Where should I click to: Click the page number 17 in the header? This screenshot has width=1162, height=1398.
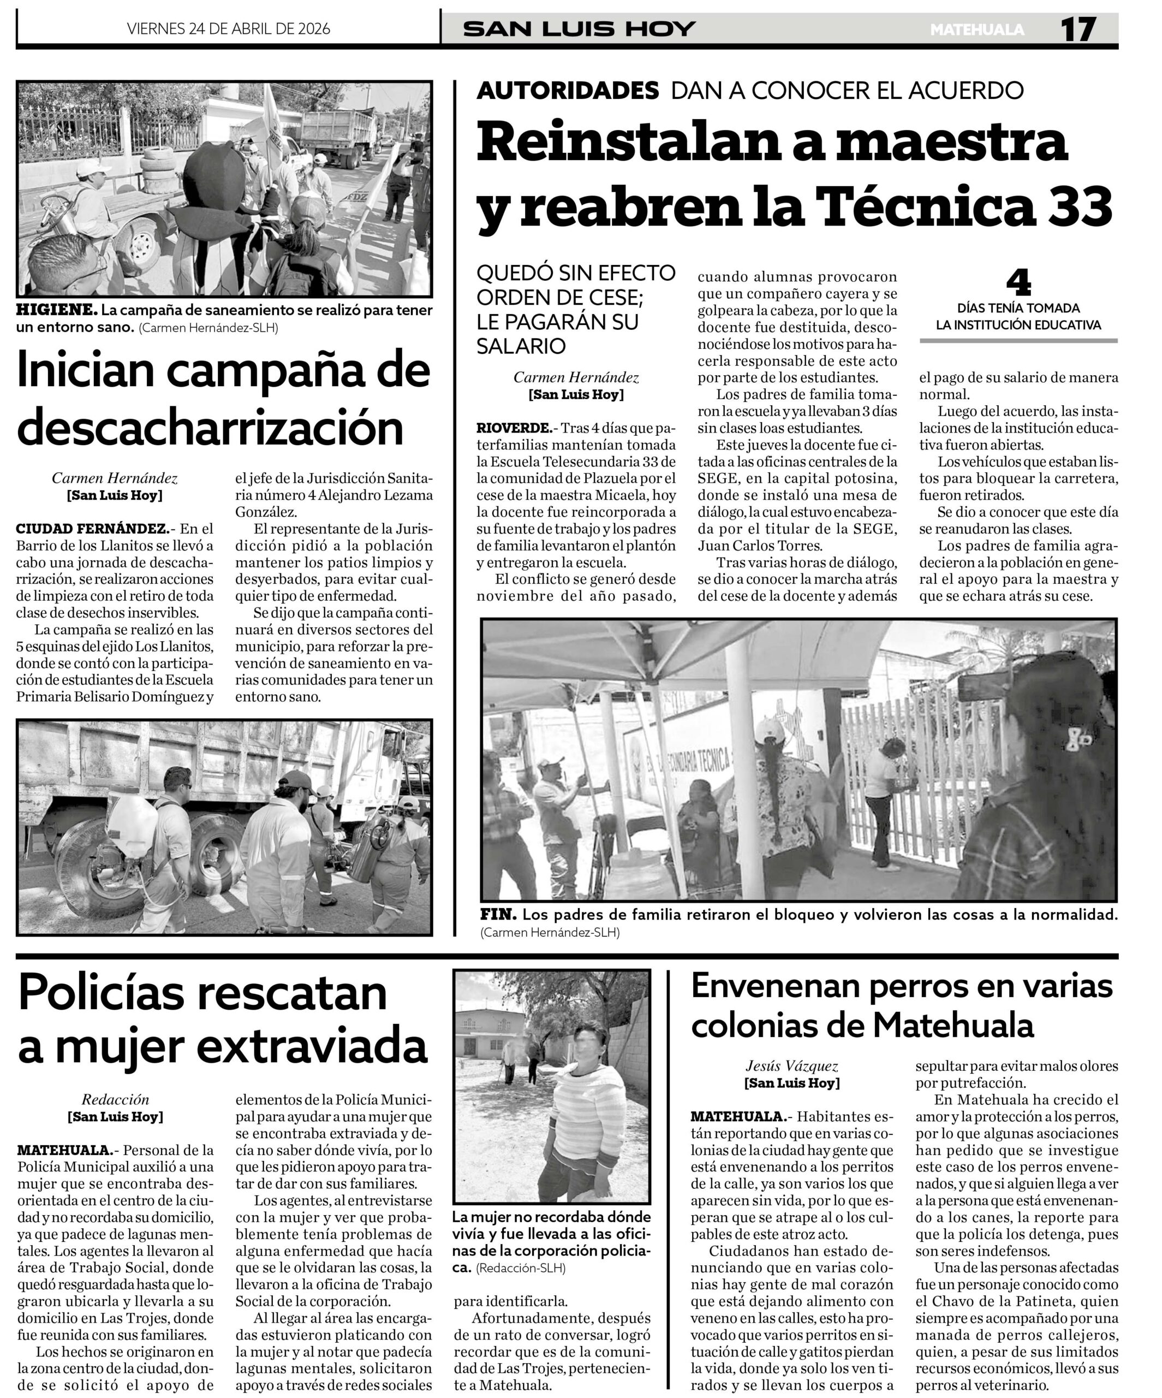[1077, 29]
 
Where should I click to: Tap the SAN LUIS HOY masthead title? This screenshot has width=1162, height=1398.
[579, 28]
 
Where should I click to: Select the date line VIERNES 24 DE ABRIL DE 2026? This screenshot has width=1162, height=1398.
[228, 28]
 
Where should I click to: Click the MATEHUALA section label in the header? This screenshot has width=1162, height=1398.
[977, 30]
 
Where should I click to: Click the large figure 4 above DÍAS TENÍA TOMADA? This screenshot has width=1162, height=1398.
[1018, 283]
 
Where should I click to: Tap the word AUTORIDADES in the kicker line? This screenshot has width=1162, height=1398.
[568, 91]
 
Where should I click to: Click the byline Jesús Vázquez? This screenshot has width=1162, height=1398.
[791, 1066]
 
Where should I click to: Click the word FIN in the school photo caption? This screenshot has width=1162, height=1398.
[498, 915]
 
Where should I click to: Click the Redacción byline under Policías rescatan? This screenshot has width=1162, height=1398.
[115, 1099]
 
